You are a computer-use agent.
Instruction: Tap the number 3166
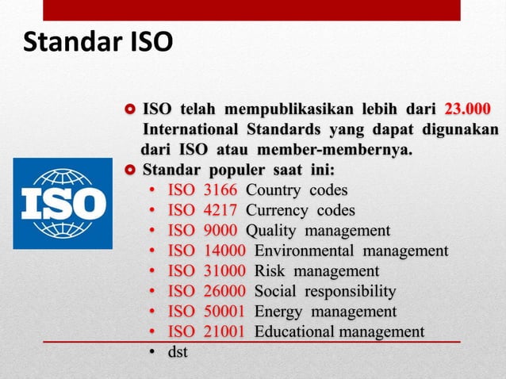[x=221, y=190]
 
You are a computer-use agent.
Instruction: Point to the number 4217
[x=221, y=210]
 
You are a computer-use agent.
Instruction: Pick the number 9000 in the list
[x=221, y=231]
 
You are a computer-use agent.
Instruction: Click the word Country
[x=270, y=190]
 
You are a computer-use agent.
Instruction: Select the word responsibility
[x=351, y=291]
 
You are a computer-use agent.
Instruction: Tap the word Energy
[x=278, y=311]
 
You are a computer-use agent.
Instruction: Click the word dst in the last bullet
[x=177, y=351]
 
